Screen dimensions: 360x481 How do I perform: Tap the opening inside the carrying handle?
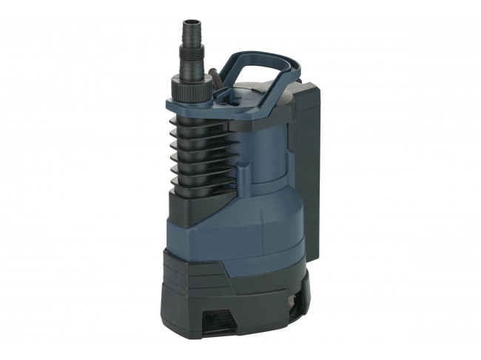pos(255,73)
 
